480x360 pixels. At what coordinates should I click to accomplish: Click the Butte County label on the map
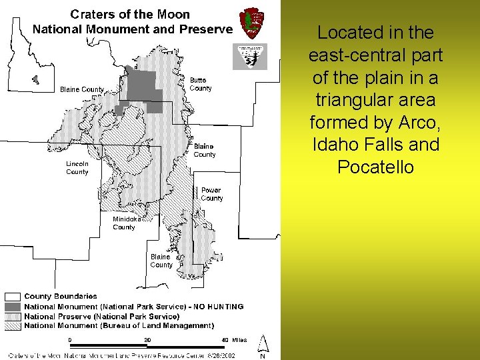point(200,84)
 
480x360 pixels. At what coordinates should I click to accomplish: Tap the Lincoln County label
point(77,168)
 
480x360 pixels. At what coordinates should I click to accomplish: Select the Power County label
point(212,194)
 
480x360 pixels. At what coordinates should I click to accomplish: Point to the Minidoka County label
point(125,223)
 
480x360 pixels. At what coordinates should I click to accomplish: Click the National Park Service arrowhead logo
point(252,23)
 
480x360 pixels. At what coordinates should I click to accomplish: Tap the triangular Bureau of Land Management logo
point(249,57)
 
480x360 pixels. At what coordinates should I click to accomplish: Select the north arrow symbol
point(263,345)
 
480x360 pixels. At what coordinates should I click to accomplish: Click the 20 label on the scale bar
point(147,340)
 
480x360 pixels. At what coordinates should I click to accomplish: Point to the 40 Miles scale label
point(234,340)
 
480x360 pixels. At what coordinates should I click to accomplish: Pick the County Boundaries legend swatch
point(13,296)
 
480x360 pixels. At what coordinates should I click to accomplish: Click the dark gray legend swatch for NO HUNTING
point(13,307)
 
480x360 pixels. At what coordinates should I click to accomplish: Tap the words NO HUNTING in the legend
point(219,307)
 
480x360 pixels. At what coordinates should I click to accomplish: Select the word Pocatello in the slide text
point(375,167)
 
